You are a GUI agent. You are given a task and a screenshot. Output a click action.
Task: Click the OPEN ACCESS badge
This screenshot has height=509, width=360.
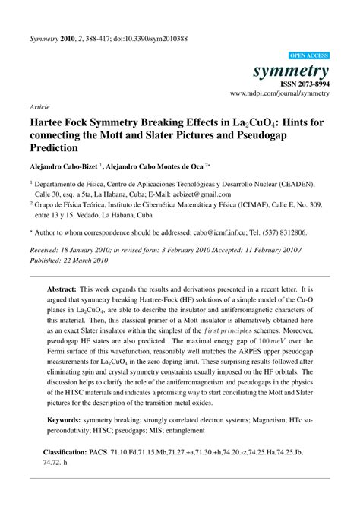310,56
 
